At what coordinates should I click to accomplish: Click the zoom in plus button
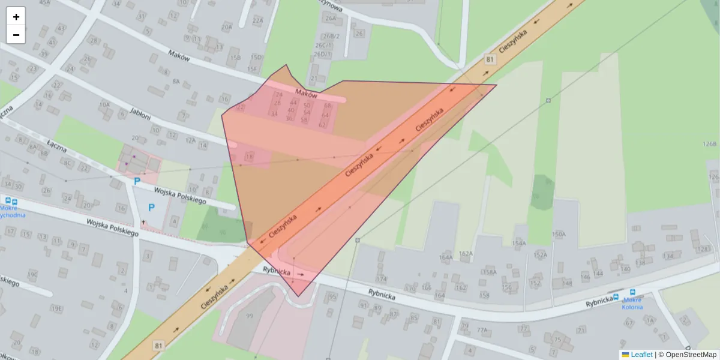(16, 17)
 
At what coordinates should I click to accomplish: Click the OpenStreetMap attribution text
(691, 355)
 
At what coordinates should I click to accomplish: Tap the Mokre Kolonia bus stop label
(632, 303)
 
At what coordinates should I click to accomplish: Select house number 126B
(710, 144)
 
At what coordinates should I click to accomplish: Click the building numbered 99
(250, 316)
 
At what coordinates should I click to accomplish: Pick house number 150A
(559, 234)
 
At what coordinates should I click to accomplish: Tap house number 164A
(446, 257)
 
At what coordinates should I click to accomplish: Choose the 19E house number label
(56, 308)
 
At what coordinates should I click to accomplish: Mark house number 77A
(482, 330)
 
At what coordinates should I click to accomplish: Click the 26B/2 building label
(332, 36)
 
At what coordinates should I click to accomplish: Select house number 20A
(226, 27)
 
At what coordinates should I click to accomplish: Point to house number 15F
(252, 69)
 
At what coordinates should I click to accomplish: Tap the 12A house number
(190, 140)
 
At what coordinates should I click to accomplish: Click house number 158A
(490, 272)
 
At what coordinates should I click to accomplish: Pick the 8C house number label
(68, 163)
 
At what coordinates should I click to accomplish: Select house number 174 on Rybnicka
(381, 280)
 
